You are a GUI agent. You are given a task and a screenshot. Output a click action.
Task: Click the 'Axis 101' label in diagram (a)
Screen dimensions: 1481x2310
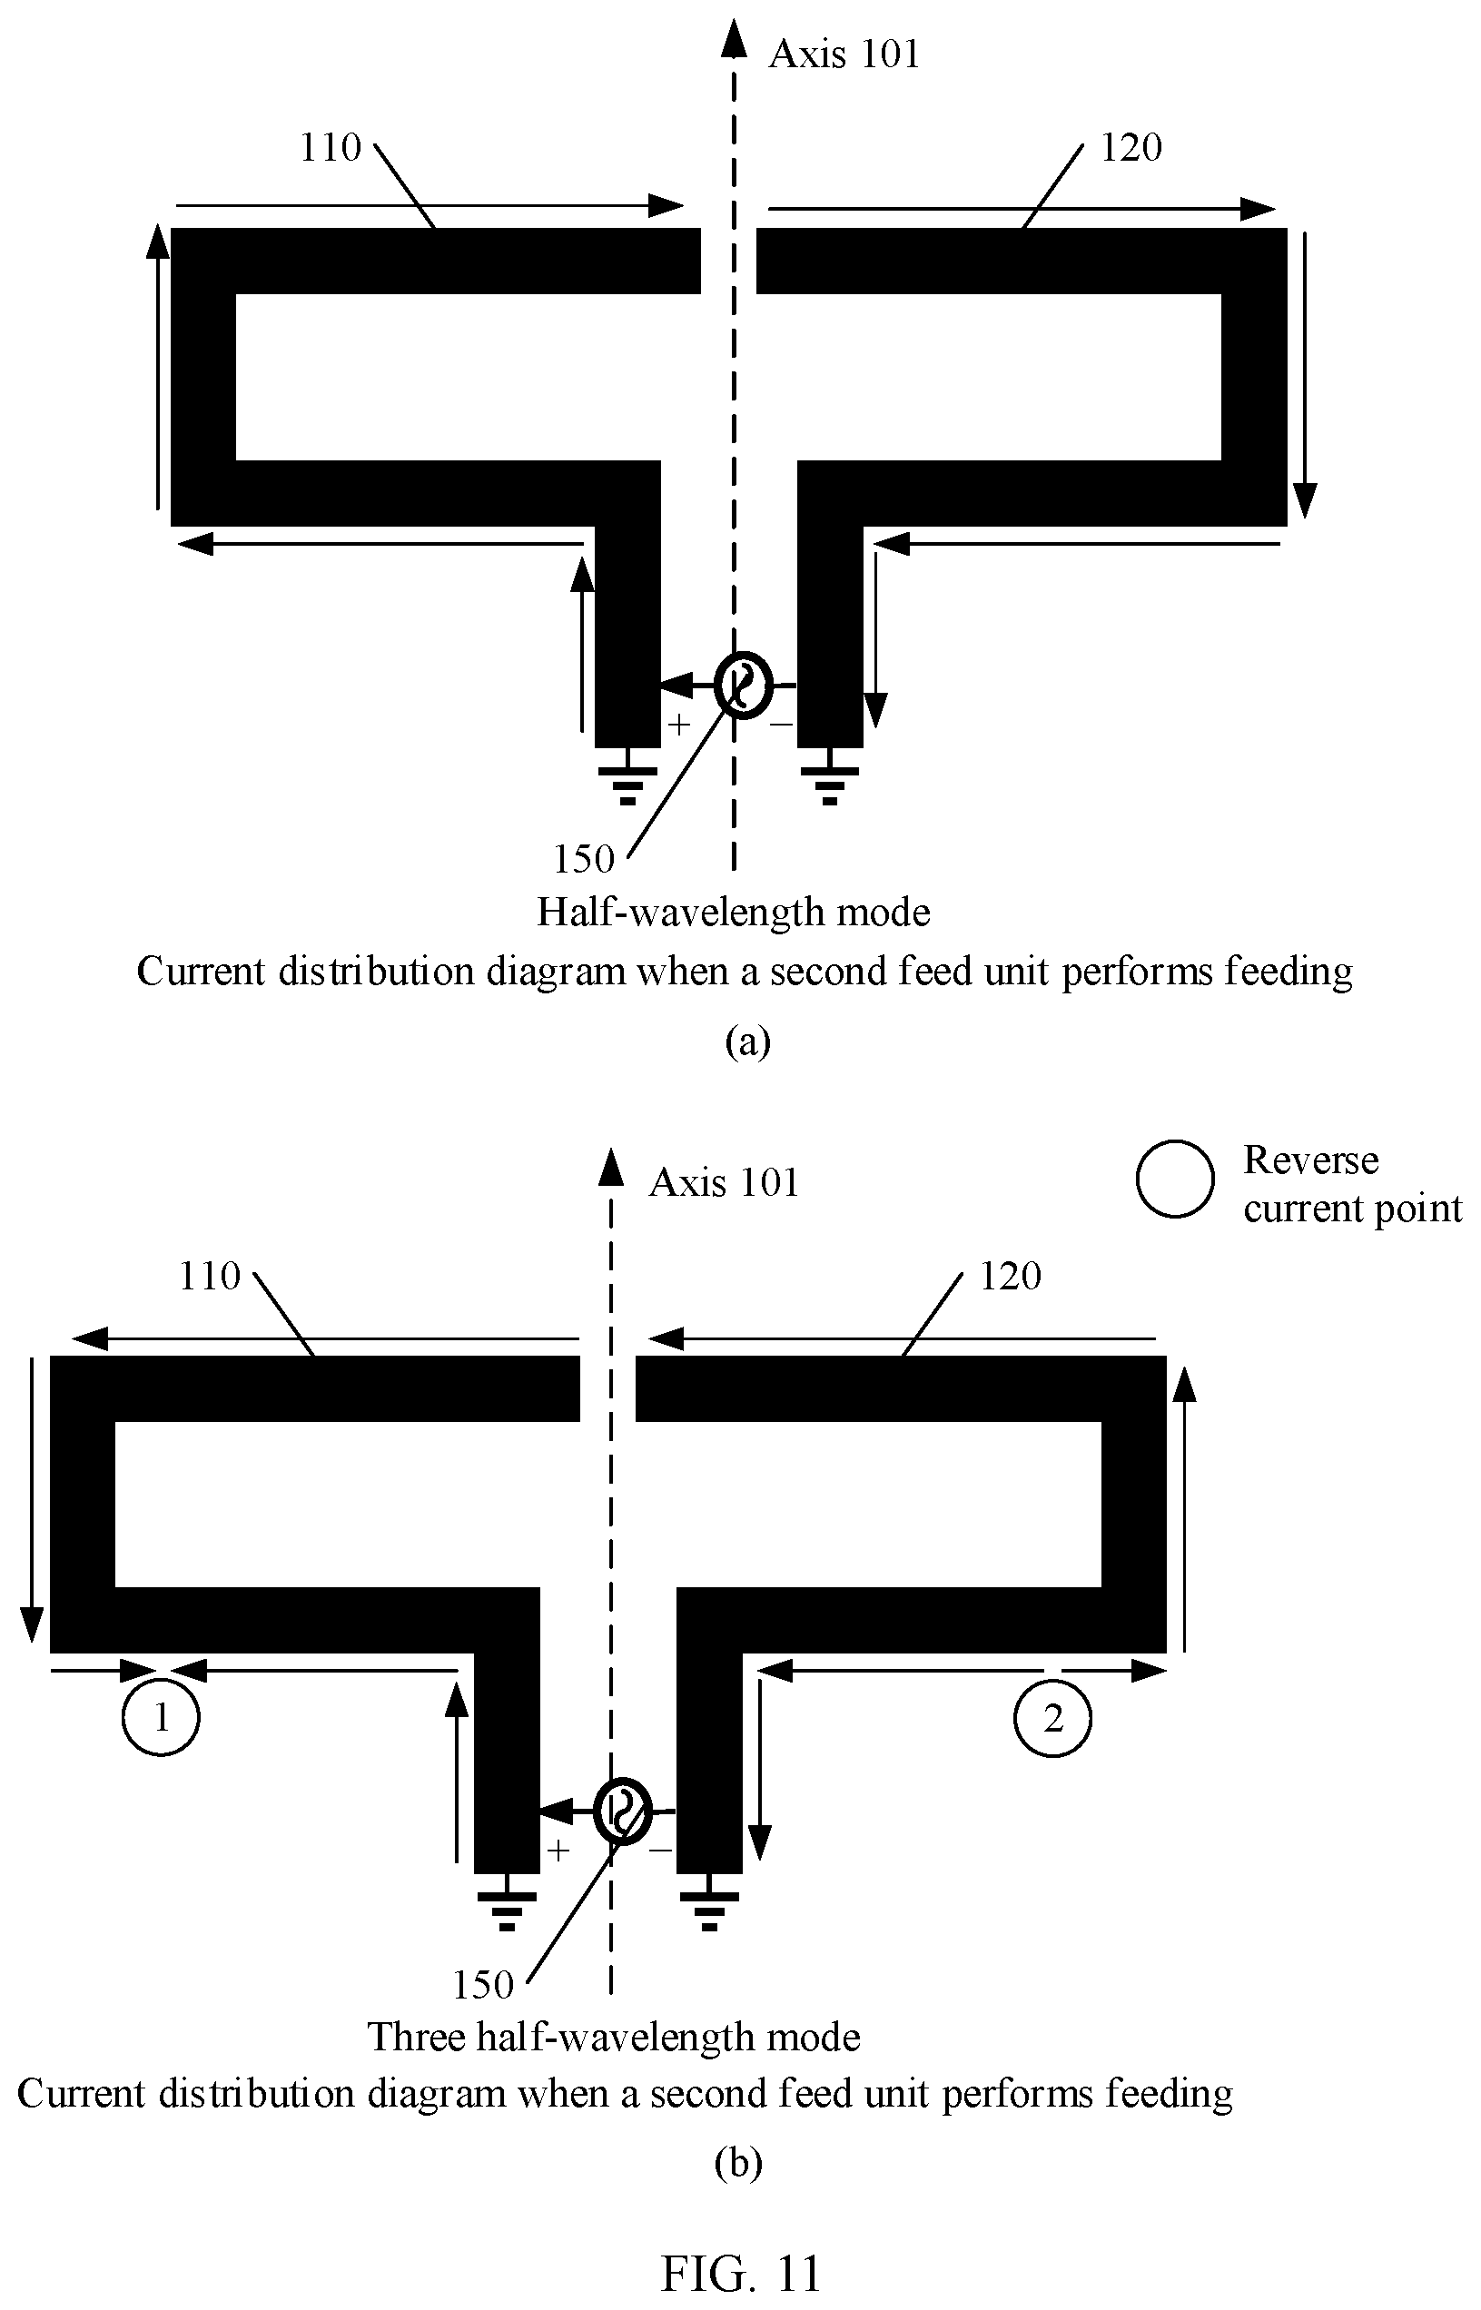(x=844, y=54)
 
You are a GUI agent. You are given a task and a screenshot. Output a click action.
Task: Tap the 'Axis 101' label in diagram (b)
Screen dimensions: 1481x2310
(x=724, y=1182)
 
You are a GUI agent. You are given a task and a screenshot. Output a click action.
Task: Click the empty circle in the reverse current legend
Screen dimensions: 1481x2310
(x=1175, y=1179)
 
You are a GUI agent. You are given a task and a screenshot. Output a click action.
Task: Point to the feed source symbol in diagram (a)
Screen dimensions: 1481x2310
(x=744, y=686)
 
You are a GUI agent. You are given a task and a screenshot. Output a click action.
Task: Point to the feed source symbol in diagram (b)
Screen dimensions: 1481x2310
(x=623, y=1811)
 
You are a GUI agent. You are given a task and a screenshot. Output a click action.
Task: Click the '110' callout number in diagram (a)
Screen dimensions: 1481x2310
(x=330, y=147)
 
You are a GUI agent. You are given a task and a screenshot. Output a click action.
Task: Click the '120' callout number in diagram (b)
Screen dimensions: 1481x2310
(x=1011, y=1276)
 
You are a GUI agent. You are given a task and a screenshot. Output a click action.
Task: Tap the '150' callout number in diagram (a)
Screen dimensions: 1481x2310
(x=583, y=859)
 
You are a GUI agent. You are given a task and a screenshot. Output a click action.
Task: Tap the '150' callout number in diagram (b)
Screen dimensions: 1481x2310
(x=483, y=1985)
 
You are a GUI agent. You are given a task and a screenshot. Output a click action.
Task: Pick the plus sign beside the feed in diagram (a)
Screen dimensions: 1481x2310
(x=679, y=725)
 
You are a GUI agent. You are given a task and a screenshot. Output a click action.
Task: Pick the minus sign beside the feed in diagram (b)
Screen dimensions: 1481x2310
(x=660, y=1851)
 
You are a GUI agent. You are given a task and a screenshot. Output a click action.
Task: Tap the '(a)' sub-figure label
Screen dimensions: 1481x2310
(x=747, y=1041)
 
